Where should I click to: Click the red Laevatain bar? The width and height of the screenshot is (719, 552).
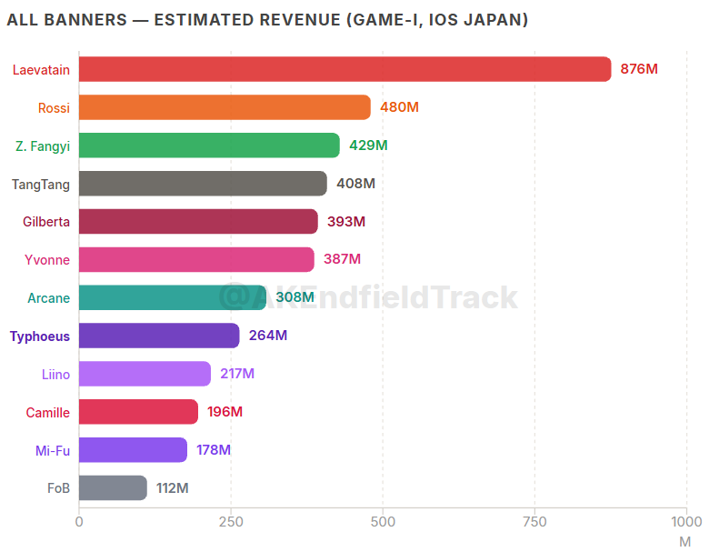tap(345, 69)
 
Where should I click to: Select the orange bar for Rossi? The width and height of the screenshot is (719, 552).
tap(225, 107)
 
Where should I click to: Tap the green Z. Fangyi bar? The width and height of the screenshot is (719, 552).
tap(209, 146)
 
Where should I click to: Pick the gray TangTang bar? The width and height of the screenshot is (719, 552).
tap(203, 184)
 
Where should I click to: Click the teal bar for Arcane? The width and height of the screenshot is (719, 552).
tap(173, 297)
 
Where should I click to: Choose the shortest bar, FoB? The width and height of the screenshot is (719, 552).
tap(113, 487)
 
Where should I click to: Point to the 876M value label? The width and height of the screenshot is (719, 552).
tap(639, 69)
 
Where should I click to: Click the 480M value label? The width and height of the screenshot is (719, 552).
tap(399, 107)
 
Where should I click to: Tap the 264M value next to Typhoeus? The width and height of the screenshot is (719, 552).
tap(268, 336)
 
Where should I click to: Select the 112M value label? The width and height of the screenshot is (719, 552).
tap(172, 487)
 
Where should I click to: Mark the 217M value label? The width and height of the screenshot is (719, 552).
tap(237, 374)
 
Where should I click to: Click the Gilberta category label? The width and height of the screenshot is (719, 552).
tap(46, 222)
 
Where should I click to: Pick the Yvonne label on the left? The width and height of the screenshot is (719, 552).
tap(47, 260)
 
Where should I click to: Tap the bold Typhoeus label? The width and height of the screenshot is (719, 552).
tap(40, 336)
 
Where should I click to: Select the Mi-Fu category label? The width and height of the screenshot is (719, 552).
tap(53, 450)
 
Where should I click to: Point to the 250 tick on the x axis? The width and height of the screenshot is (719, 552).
tap(231, 522)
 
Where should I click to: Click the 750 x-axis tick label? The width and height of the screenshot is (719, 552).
tap(534, 522)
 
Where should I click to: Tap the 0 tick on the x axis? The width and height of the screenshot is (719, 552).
tap(79, 522)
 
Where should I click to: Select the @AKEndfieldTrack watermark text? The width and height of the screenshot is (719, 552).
tap(368, 296)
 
